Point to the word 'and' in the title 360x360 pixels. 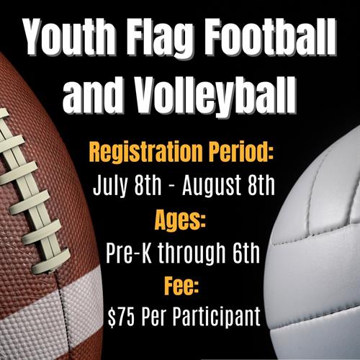(92, 96)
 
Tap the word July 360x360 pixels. (110, 186)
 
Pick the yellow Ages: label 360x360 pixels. (180, 220)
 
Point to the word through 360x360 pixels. (192, 254)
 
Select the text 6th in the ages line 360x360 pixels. (246, 253)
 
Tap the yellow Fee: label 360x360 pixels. (181, 286)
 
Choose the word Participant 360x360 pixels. (217, 317)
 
